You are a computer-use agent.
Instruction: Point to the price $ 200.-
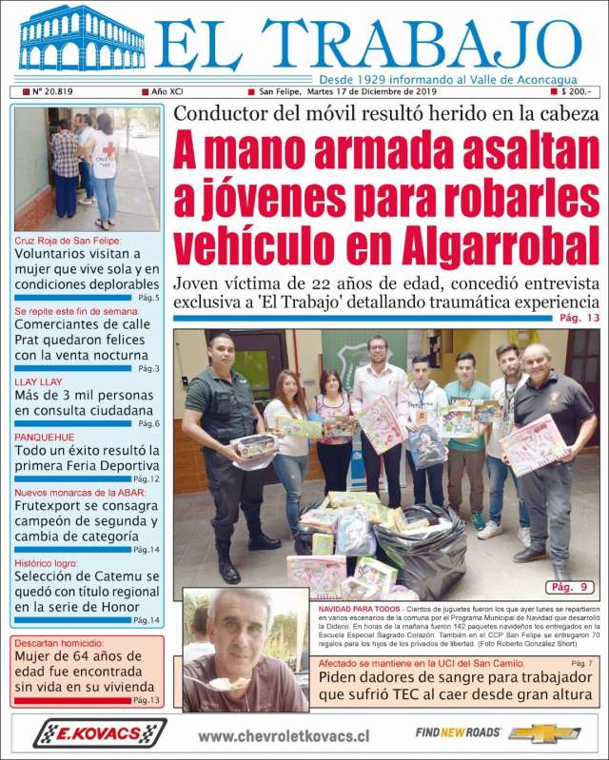pos(576,92)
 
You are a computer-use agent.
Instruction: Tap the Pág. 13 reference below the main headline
pos(580,318)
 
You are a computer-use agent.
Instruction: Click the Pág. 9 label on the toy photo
pos(571,587)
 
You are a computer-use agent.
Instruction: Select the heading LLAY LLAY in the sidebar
pos(39,381)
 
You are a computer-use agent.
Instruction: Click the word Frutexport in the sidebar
pos(53,508)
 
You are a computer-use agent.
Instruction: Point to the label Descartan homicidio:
pos(56,640)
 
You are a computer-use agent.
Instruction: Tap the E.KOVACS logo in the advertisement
pos(100,733)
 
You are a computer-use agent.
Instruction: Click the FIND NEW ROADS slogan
pos(458,732)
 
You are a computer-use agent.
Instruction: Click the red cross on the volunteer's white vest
pos(109,148)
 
